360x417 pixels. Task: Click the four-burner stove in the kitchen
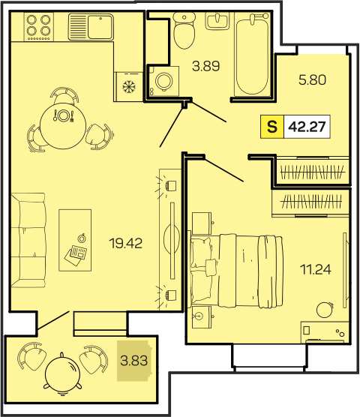[39, 27]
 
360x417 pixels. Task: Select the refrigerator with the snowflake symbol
[129, 86]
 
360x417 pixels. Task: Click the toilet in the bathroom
[184, 30]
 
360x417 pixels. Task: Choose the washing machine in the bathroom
[163, 81]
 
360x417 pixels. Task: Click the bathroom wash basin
[217, 21]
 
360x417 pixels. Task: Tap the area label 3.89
[206, 66]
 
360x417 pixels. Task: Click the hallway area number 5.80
[312, 79]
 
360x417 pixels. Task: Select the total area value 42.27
[307, 127]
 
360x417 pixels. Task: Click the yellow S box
[272, 127]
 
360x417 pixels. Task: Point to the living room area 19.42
[126, 243]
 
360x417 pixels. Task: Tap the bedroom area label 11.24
[316, 269]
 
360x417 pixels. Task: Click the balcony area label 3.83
[133, 361]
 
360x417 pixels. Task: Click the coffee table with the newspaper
[75, 240]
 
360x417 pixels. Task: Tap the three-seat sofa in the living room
[28, 240]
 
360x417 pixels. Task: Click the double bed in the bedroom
[236, 271]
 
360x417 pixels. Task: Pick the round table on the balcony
[62, 374]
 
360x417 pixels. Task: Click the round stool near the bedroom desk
[325, 310]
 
